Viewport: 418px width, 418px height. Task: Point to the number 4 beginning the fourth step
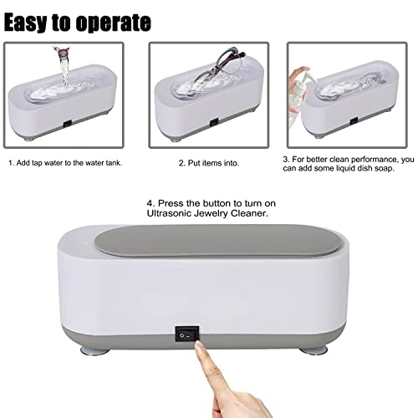click(x=151, y=203)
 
